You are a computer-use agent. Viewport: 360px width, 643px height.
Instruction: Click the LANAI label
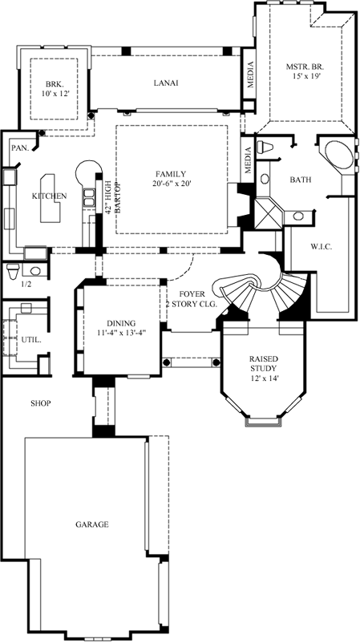[166, 83]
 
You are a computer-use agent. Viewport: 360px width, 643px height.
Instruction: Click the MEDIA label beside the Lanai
[249, 75]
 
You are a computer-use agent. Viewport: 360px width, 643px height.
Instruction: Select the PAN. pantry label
[18, 148]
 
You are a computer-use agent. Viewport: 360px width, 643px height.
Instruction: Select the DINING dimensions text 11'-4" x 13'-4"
[120, 332]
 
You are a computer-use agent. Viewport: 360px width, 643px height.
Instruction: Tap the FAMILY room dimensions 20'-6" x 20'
[172, 184]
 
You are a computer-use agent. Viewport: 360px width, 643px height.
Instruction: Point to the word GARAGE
[92, 524]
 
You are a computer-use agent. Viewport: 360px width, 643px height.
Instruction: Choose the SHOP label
[40, 402]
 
